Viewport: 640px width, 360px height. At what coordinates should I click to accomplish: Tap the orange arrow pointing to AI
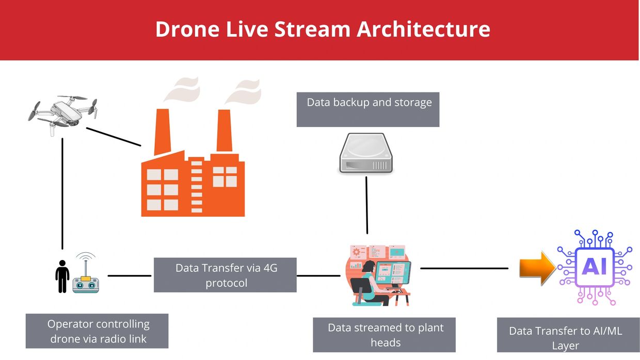[x=537, y=268]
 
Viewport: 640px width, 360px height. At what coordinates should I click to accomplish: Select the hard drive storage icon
[x=366, y=153]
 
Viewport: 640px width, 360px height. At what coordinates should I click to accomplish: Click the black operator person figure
[x=62, y=276]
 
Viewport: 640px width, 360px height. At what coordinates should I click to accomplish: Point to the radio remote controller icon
[x=86, y=273]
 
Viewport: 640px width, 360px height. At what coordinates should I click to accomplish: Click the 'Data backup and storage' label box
[x=368, y=109]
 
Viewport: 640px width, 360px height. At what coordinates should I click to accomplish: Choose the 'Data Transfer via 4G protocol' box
[x=225, y=275]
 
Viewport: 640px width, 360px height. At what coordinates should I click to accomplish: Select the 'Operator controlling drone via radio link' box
[x=97, y=331]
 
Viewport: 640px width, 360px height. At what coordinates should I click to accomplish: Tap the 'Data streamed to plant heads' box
[x=385, y=335]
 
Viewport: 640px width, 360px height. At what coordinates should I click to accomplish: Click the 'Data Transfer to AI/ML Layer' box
[x=568, y=335]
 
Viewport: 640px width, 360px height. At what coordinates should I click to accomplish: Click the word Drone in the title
[x=187, y=29]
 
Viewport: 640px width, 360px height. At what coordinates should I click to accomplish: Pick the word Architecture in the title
[x=423, y=29]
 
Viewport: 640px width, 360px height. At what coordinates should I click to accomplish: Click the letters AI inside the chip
[x=594, y=267]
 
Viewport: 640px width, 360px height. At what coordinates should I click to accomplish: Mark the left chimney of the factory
[x=163, y=132]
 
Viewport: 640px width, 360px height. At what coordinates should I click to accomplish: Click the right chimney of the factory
[x=225, y=130]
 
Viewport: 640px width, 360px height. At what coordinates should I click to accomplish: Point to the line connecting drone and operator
[x=62, y=194]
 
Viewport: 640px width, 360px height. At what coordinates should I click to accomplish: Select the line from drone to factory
[x=114, y=137]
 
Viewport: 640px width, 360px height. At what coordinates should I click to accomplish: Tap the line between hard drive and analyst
[x=366, y=205]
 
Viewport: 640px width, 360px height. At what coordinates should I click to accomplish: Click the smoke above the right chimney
[x=244, y=92]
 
